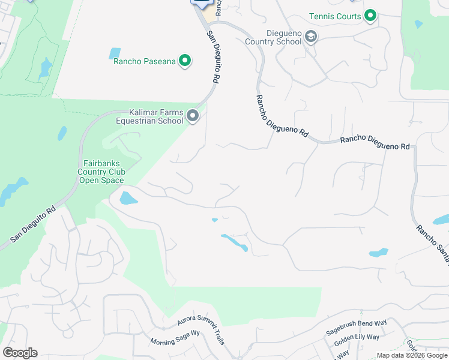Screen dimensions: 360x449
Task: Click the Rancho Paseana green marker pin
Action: click(x=185, y=61)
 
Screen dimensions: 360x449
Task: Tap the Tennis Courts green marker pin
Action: click(x=371, y=16)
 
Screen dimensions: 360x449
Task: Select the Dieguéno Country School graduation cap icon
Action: click(x=311, y=38)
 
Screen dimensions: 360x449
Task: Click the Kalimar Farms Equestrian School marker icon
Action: click(x=193, y=116)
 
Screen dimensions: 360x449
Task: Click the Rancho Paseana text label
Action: click(x=144, y=61)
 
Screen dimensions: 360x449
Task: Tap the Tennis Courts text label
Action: click(x=336, y=16)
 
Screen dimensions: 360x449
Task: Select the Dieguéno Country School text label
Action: click(x=273, y=38)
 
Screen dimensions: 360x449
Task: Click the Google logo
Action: click(x=20, y=353)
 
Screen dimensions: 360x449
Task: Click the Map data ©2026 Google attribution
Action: click(x=412, y=355)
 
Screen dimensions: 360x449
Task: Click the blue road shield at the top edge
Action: click(x=202, y=2)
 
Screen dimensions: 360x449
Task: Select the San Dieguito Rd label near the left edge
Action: click(x=33, y=225)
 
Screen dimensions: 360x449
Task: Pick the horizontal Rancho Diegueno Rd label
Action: click(x=375, y=143)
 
